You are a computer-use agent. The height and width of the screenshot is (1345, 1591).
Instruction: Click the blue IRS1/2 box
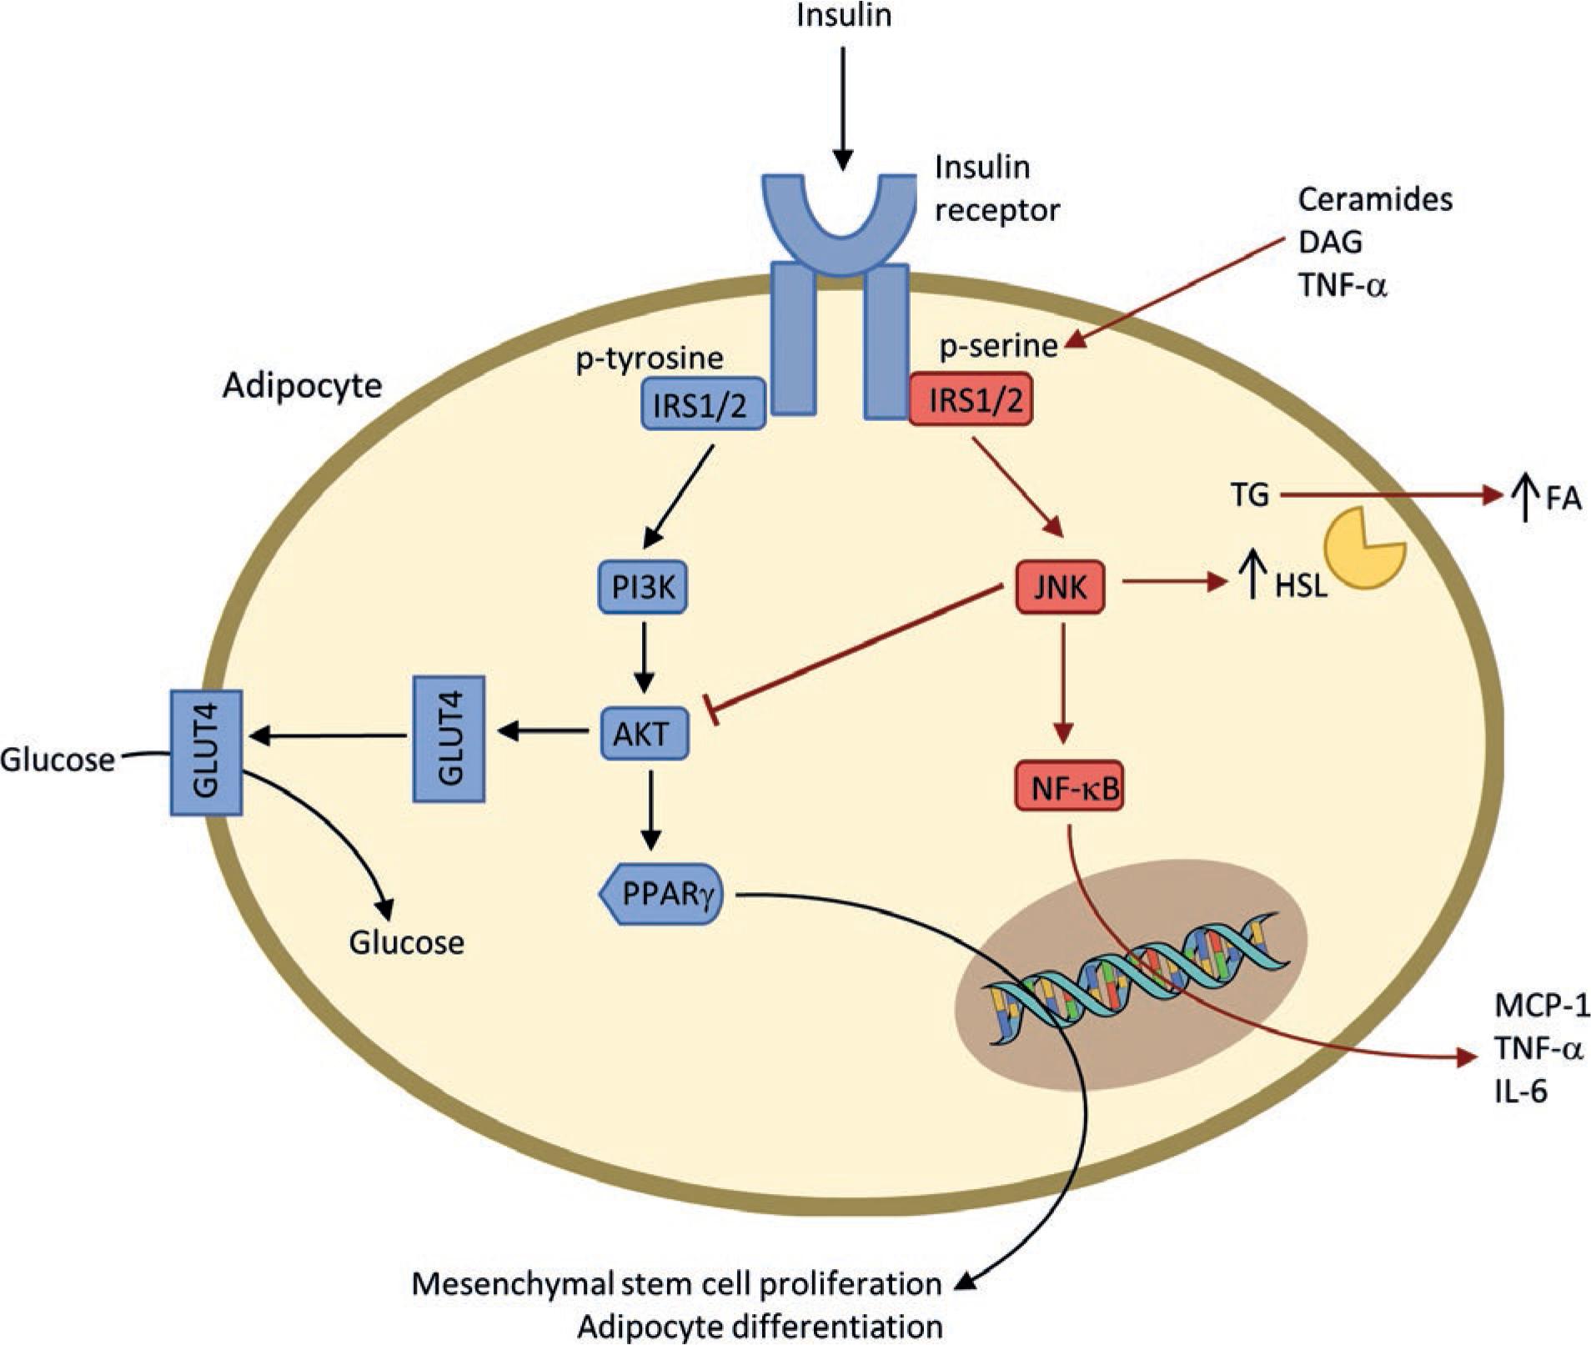click(702, 404)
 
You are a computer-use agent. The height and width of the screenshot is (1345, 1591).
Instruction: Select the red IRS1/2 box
click(974, 401)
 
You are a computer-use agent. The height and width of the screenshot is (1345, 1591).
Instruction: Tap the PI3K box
click(643, 588)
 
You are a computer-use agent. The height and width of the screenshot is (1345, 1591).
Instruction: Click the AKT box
click(644, 734)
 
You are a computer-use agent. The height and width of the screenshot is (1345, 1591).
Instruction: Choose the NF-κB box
click(1069, 786)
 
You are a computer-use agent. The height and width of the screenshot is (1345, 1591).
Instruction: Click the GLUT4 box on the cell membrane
click(206, 752)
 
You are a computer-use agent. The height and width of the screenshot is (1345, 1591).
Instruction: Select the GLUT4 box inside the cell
click(449, 739)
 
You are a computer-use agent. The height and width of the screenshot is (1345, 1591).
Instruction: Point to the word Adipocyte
click(302, 386)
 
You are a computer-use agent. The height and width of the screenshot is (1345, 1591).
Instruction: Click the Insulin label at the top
click(844, 16)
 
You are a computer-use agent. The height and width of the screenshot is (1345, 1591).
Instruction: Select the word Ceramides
click(1375, 199)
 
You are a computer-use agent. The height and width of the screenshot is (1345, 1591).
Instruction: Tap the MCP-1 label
click(1542, 1006)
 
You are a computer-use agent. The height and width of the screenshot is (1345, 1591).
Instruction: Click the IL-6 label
click(1520, 1092)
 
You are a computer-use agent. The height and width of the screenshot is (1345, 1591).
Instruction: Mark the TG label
click(1249, 495)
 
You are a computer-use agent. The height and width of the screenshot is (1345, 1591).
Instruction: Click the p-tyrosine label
click(649, 359)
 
